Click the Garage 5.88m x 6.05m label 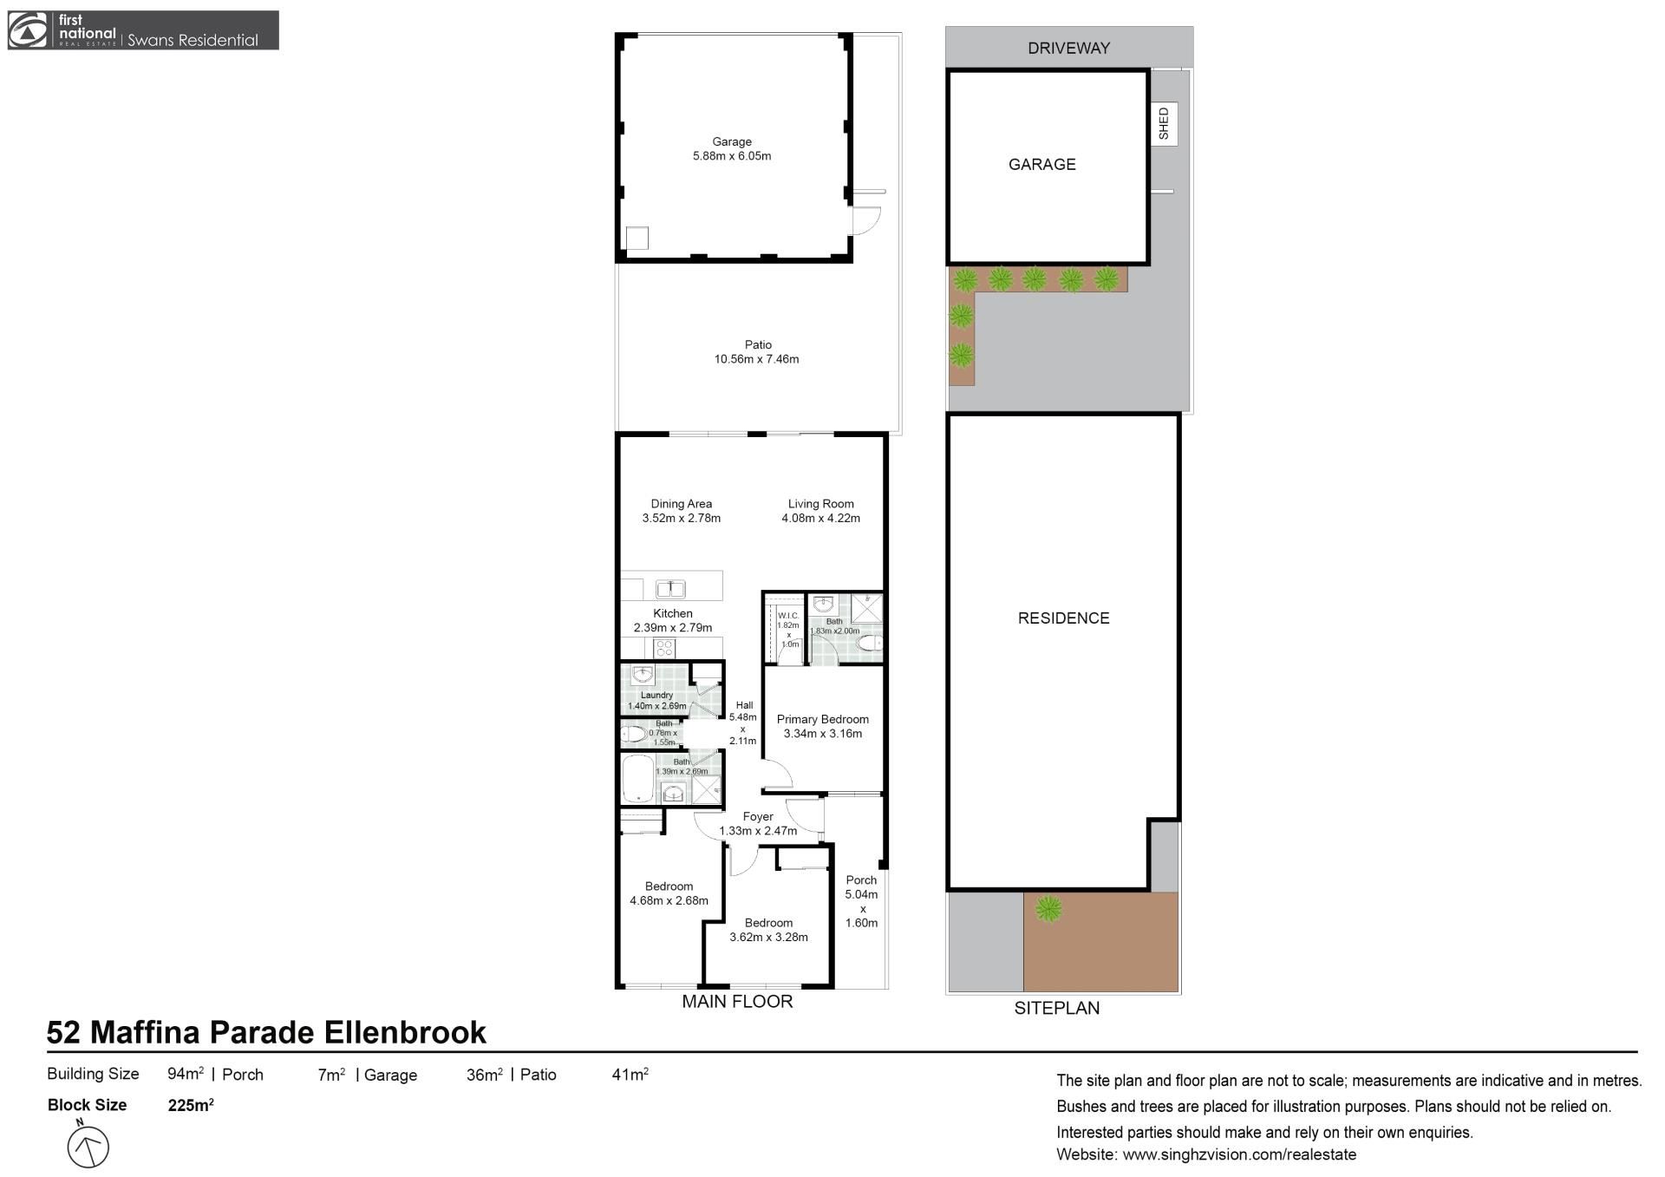[731, 149]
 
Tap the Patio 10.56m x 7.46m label [757, 352]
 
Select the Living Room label [820, 504]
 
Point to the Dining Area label [682, 504]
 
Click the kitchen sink [670, 589]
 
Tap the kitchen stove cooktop [664, 648]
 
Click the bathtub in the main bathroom [638, 779]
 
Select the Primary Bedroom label [822, 719]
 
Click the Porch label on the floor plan [861, 879]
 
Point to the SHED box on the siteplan [1164, 123]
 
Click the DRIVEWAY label [1068, 49]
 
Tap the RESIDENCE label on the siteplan [1063, 618]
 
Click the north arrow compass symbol [88, 1146]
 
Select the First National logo [143, 30]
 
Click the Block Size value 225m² [191, 1104]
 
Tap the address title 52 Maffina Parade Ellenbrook [266, 1032]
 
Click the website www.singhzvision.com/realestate [1239, 1154]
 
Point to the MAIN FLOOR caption [737, 1001]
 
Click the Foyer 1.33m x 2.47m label [758, 823]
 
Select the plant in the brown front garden [1048, 909]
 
